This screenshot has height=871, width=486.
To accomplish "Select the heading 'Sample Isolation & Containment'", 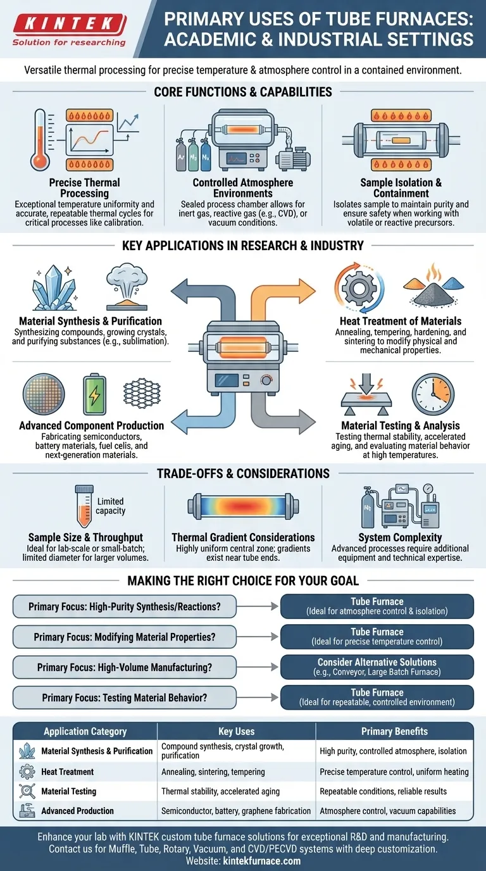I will click(x=401, y=188).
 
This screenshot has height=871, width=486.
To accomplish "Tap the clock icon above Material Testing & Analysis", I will click(x=433, y=394).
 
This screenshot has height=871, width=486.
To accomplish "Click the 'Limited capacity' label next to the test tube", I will click(x=110, y=506).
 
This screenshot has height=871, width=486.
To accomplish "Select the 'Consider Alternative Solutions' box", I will click(x=377, y=667).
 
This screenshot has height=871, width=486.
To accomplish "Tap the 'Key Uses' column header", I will click(x=236, y=731).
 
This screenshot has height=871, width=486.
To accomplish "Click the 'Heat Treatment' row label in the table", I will click(x=67, y=772).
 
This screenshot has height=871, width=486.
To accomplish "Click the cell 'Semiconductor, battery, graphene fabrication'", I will click(x=236, y=811).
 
